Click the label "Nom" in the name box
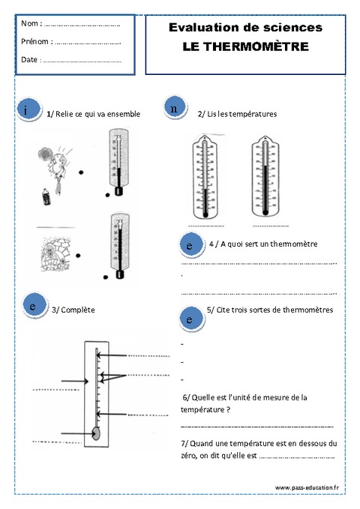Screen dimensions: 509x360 tap(31, 24)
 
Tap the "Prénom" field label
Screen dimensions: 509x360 tap(36, 41)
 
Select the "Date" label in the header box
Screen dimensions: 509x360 tap(30, 59)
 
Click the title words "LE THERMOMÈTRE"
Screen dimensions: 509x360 tap(245, 46)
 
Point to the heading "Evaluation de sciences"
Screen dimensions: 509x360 tap(245, 27)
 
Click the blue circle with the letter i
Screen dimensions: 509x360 tap(28, 111)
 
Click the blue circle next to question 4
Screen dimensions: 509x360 tap(190, 245)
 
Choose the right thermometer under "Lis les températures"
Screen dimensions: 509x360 tap(268, 176)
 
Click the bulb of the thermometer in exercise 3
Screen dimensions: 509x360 tap(96, 433)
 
